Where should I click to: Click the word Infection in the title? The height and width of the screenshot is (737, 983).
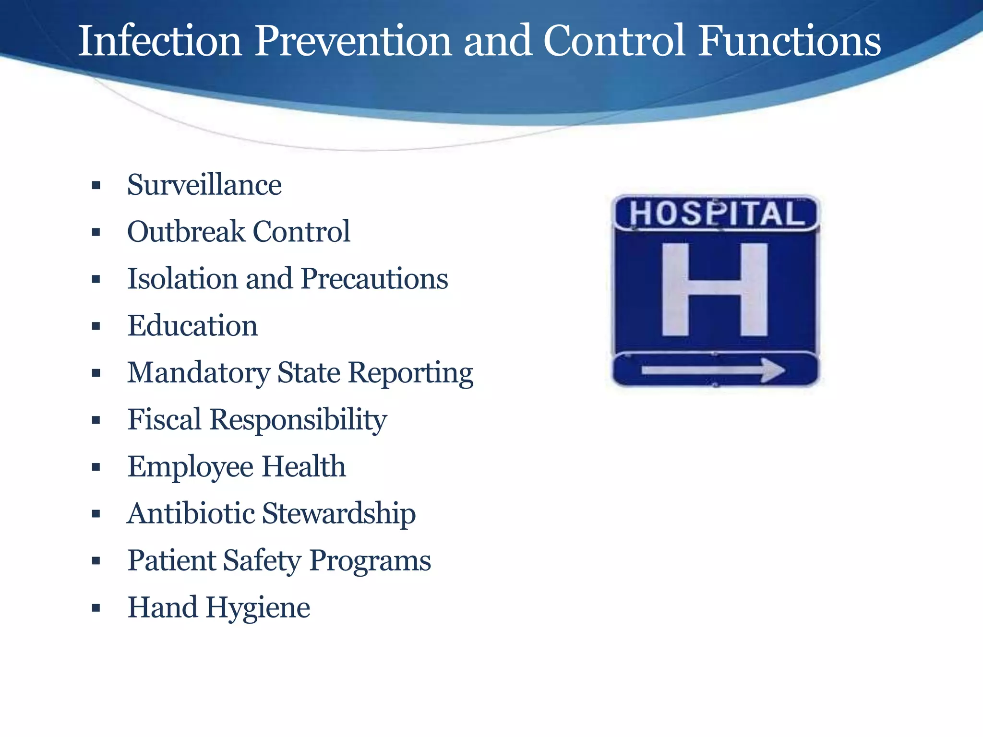[x=159, y=41]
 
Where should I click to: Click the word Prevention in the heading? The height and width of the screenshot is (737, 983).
[x=353, y=41]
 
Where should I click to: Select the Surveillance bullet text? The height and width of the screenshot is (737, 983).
[x=204, y=185]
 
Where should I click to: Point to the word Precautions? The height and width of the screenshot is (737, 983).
[x=374, y=279]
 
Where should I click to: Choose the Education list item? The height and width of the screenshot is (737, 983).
[x=192, y=326]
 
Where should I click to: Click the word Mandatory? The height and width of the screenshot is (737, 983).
[x=198, y=373]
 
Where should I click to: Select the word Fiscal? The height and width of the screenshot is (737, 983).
[x=164, y=420]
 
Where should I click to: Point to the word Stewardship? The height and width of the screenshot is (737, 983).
[x=339, y=514]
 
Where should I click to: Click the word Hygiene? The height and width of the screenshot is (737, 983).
[x=258, y=608]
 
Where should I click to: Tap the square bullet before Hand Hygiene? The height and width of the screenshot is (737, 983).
[x=96, y=608]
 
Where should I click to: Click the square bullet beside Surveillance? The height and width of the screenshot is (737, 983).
[x=96, y=186]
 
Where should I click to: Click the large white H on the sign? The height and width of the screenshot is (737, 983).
[x=715, y=290]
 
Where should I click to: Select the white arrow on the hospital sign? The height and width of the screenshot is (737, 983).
[x=713, y=370]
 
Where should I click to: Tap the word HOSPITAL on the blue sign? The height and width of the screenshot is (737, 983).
[x=716, y=214]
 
